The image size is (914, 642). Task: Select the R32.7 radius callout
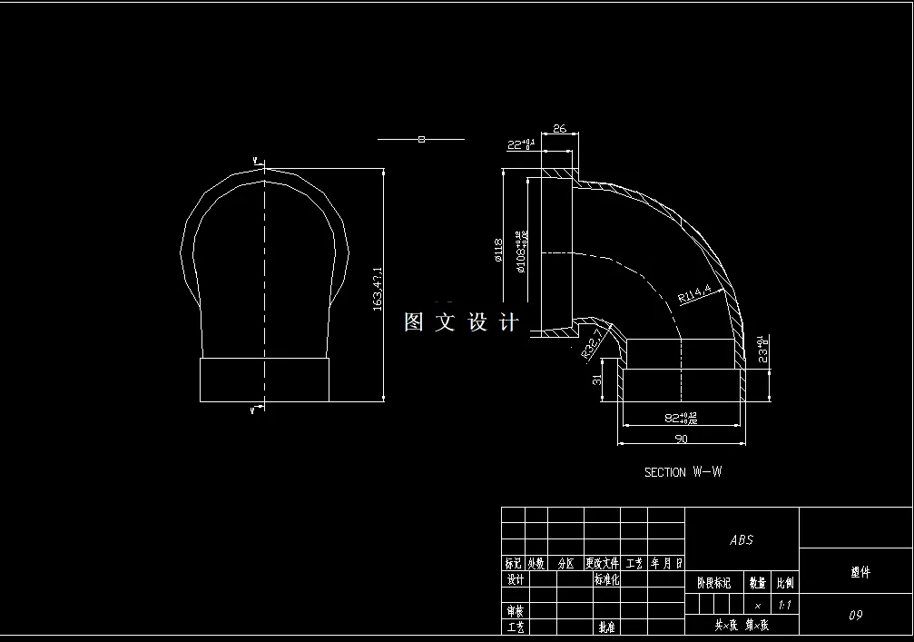pos(591,343)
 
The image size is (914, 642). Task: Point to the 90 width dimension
pos(681,439)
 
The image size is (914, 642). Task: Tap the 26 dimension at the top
pos(559,129)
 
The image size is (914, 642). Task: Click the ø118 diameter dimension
pos(498,249)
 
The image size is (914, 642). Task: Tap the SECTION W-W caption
pos(683,472)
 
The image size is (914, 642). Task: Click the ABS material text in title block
pos(742,539)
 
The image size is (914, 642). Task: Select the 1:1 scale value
pos(784,604)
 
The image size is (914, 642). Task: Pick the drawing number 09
pos(855,615)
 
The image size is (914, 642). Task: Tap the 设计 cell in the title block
pos(515,579)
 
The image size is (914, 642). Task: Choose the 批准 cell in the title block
pos(605,627)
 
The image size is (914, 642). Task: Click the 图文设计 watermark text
pos(461,322)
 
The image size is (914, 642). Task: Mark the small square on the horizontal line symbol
pos(421,139)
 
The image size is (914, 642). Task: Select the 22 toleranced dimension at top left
pos(521,144)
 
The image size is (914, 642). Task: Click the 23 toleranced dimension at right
pos(763,348)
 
